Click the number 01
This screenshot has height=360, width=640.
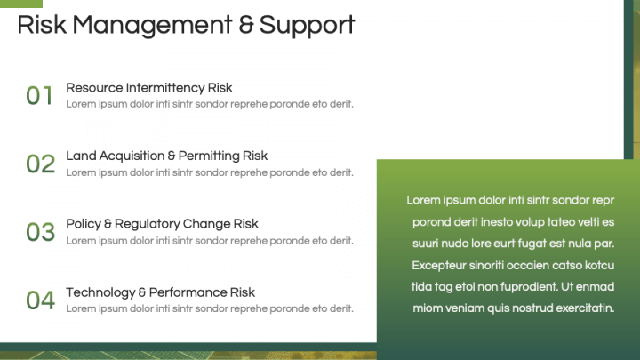pos(40,95)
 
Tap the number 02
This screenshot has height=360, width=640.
pos(40,164)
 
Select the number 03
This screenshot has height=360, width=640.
pos(40,232)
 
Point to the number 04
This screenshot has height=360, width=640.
pos(40,300)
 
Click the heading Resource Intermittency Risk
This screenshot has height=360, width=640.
pos(149,88)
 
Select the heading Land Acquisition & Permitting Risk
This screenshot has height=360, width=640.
pos(167,156)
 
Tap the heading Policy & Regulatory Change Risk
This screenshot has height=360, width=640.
pos(163,224)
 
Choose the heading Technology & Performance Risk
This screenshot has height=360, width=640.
pos(161,292)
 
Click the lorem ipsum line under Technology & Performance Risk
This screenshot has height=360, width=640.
pos(210,308)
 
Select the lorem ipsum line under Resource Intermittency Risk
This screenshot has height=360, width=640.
pos(210,104)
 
